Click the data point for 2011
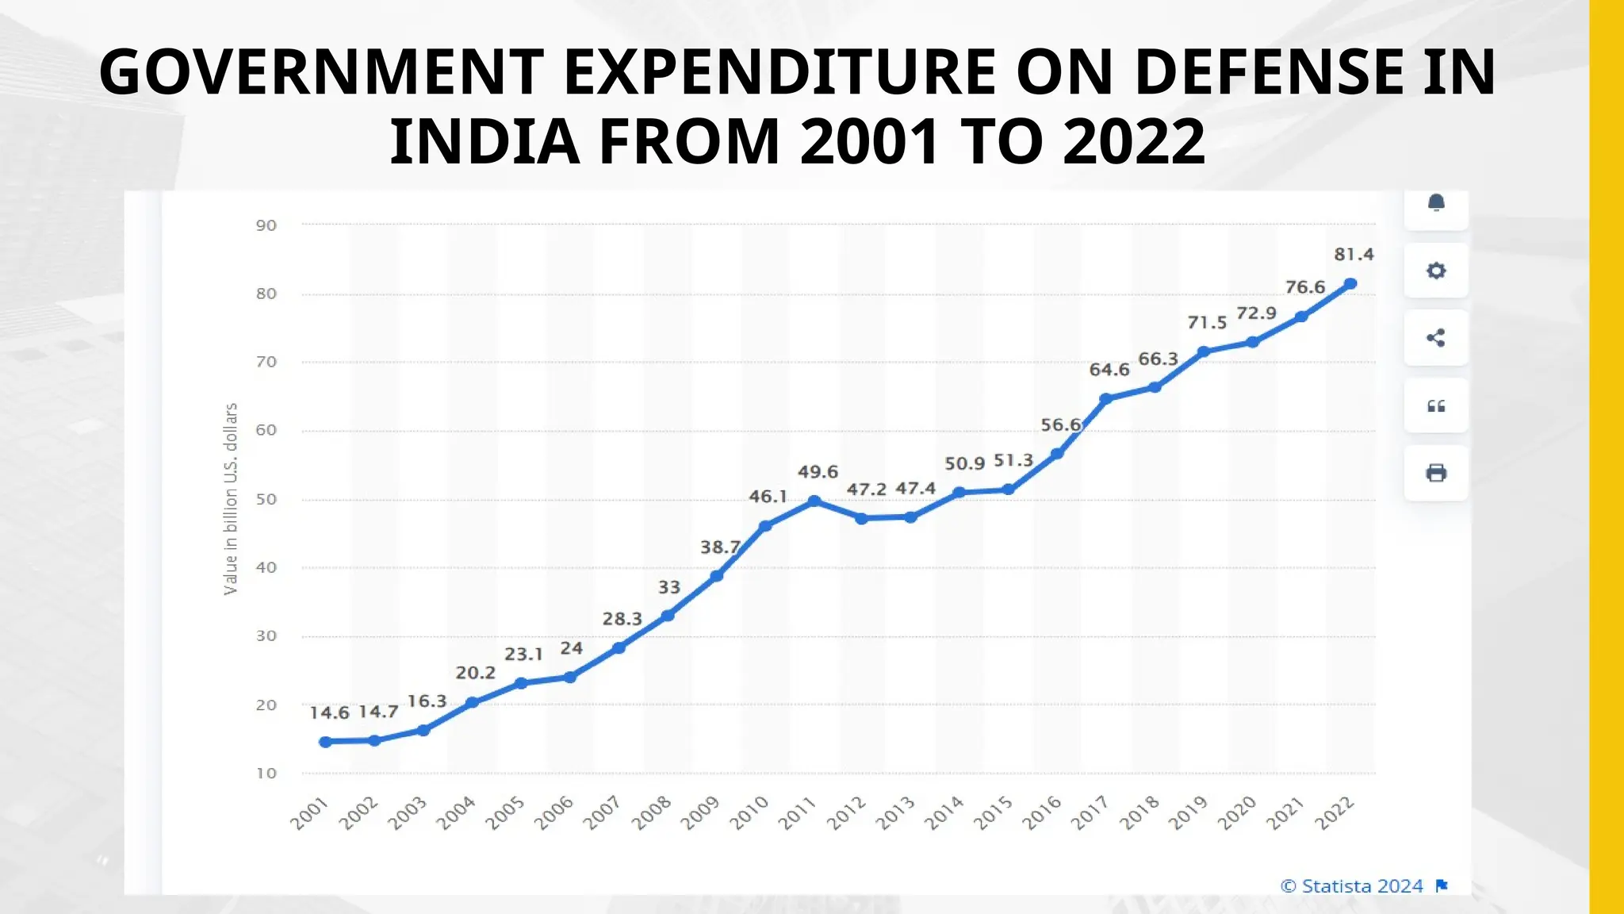point(814,501)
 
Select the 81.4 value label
point(1354,255)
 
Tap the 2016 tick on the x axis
point(1042,812)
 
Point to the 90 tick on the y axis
point(266,225)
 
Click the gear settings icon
point(1436,271)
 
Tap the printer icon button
point(1436,474)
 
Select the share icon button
point(1436,338)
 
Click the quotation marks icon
point(1436,406)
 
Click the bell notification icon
point(1436,204)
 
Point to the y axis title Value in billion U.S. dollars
point(231,499)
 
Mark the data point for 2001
point(325,742)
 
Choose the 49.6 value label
point(818,472)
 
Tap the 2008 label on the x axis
point(652,812)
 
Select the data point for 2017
point(1106,399)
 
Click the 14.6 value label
point(329,712)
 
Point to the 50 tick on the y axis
point(266,500)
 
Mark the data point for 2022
point(1350,284)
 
